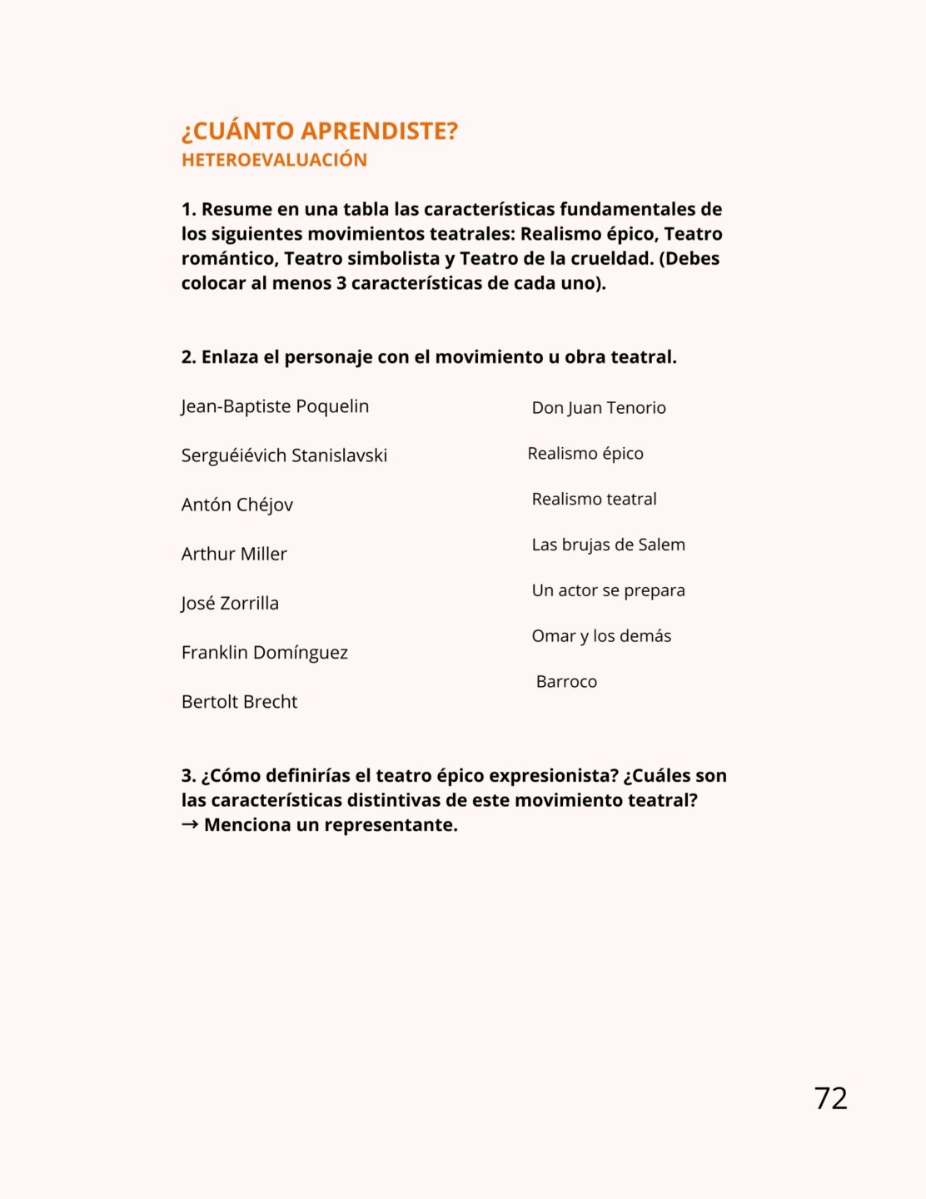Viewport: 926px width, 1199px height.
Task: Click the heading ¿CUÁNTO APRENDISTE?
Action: tap(320, 132)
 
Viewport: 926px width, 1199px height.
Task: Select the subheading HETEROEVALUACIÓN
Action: tap(274, 160)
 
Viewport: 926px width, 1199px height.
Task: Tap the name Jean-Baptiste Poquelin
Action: tap(275, 406)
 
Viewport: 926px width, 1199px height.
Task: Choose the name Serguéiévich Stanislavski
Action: tap(284, 455)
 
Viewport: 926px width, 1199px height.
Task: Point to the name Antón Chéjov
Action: tap(237, 505)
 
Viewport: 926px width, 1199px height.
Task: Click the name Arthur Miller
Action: tap(234, 554)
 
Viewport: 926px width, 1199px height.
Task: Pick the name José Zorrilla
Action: tap(230, 603)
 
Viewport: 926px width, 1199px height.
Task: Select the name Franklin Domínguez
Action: tap(265, 652)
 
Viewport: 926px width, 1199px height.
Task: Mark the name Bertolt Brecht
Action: tap(239, 702)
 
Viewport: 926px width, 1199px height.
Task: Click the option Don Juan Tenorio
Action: tap(599, 408)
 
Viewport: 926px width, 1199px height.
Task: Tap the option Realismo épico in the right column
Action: tap(585, 454)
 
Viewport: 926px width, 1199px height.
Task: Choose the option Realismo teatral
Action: tap(594, 500)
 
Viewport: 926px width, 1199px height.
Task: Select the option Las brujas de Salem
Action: tap(608, 545)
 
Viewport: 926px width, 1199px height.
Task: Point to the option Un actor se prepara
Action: tap(608, 590)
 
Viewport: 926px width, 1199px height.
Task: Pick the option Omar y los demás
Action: tap(601, 636)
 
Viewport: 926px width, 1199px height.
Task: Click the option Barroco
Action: tap(566, 682)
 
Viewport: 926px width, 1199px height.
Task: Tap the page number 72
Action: tap(830, 1098)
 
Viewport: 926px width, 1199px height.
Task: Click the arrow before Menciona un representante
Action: tap(190, 824)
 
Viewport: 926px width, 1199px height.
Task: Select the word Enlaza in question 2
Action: tap(230, 357)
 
